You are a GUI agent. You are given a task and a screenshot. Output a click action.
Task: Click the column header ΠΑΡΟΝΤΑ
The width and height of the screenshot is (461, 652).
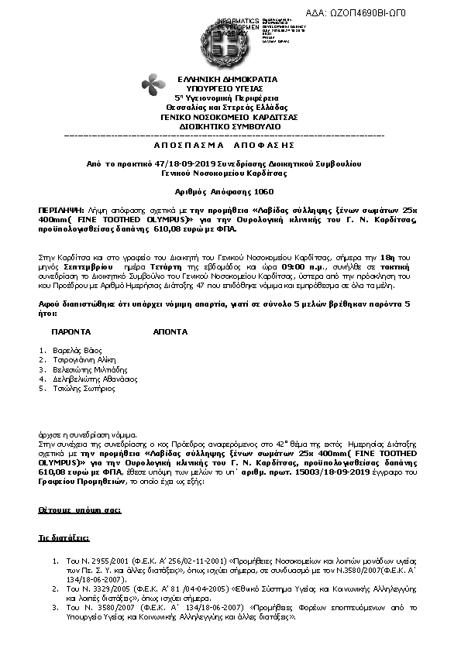coord(72,331)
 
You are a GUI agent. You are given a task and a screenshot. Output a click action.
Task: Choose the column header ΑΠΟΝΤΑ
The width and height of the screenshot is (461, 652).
coord(169,331)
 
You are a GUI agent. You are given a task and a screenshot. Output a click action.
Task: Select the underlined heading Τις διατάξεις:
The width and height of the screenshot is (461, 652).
coord(64,537)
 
